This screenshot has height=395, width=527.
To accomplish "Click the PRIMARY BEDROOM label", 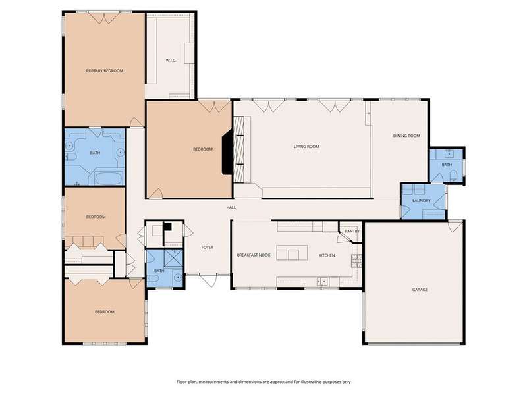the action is [x=105, y=71].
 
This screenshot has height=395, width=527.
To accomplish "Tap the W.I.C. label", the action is [x=171, y=61].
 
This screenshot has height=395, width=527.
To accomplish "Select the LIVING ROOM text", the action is [x=306, y=146].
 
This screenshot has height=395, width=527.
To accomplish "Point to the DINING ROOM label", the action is [x=406, y=136].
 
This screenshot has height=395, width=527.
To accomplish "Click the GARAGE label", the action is [x=420, y=290].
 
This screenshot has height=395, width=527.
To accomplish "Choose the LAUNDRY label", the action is [x=421, y=201].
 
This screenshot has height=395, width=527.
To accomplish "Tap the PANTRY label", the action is [x=352, y=232].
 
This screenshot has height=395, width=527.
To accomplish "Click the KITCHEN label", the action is [x=327, y=255].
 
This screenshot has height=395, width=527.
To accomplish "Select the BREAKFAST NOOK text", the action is [x=254, y=255].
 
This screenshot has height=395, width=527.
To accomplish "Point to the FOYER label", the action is [x=207, y=248].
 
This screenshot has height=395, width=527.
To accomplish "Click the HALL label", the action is [x=231, y=207].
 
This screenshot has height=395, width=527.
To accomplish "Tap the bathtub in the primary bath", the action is [x=108, y=178].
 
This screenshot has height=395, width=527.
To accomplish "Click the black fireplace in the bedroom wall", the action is [x=227, y=152].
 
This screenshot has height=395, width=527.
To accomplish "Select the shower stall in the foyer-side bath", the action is [x=173, y=258].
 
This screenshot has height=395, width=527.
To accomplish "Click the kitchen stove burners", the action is [x=356, y=261].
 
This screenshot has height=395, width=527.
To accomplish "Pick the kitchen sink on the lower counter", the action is [x=322, y=282].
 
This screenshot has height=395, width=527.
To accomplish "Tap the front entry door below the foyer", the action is [x=209, y=280].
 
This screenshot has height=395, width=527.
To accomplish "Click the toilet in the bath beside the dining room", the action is [x=453, y=175].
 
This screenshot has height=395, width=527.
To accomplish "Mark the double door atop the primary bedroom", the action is [x=104, y=17].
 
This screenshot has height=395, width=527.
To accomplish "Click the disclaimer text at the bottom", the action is [x=263, y=382].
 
